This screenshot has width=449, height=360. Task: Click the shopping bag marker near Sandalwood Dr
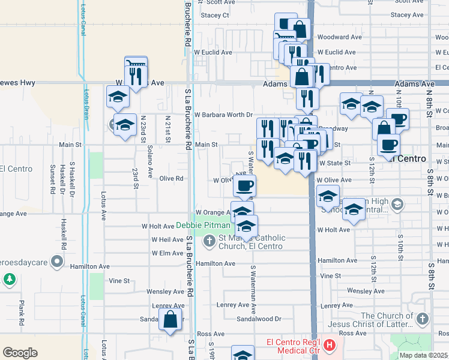click(170, 320)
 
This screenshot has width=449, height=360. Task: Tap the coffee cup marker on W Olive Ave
click(244, 186)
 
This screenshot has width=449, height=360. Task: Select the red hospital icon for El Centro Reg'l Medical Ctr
click(328, 346)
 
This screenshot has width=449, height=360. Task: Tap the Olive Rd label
click(170, 178)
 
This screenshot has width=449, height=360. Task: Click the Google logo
click(20, 353)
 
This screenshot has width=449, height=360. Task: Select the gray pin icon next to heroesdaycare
click(57, 261)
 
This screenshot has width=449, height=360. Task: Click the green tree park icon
click(10, 279)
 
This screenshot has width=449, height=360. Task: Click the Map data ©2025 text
click(423, 355)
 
